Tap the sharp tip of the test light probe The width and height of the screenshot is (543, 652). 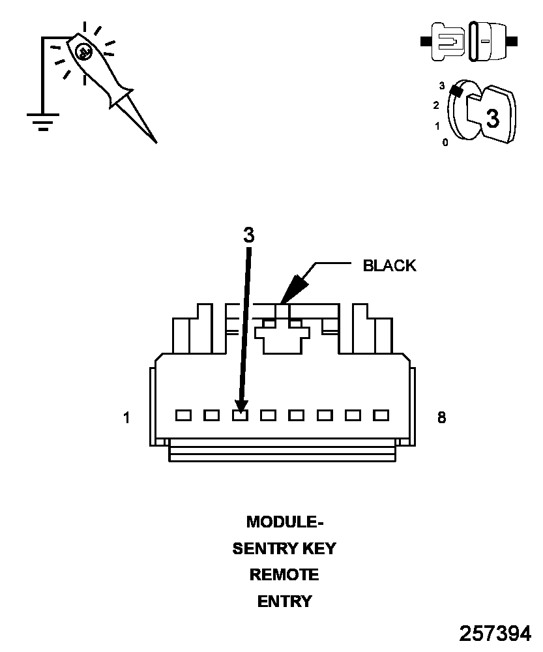pos(156,141)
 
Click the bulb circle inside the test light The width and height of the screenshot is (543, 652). pos(83,52)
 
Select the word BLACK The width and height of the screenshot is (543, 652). pos(389,266)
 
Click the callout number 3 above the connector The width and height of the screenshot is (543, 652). pos(248,235)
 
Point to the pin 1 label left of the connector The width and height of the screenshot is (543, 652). pos(126,418)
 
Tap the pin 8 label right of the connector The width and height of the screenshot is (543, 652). pos(441,418)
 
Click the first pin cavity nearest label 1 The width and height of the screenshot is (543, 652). pos(183,415)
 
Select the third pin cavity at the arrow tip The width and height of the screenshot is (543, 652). pos(240,415)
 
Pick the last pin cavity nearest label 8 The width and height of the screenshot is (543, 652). pos(381,415)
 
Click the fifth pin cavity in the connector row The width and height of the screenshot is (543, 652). pos(297,415)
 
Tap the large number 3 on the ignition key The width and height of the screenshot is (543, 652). pos(493,119)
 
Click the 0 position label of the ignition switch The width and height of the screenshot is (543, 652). pos(445,142)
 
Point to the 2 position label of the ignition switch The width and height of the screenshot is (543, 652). pos(436,105)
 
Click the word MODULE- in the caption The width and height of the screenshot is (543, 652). pos(285,522)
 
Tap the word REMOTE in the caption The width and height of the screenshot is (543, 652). pos(285,575)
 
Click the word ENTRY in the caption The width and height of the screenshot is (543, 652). pos(285,602)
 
